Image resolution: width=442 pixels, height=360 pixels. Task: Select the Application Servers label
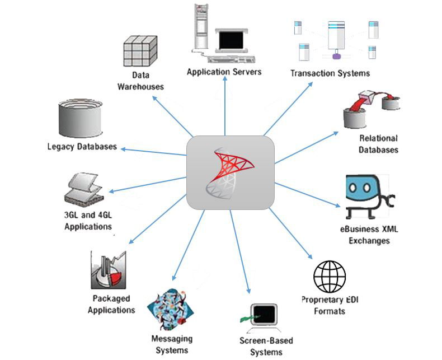tap(224, 72)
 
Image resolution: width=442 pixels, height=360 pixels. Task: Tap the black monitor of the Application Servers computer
tap(231, 40)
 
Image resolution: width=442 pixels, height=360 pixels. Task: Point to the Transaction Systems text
tap(330, 73)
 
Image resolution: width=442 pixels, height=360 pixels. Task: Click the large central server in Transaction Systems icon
tap(336, 36)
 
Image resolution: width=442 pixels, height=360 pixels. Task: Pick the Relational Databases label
tap(378, 144)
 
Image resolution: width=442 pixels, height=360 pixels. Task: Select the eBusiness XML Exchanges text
tap(369, 235)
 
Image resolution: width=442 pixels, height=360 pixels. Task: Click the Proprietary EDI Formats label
tap(330, 305)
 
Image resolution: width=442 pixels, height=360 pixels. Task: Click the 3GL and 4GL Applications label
tap(88, 221)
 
